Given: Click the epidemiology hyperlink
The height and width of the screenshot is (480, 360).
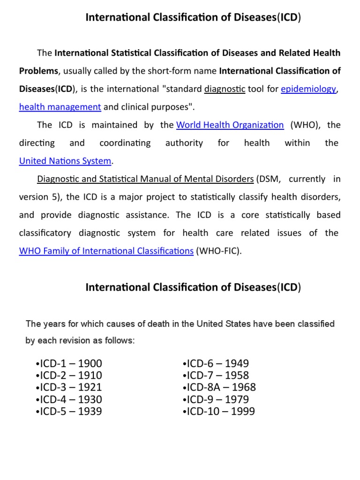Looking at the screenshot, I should pyautogui.click(x=308, y=89).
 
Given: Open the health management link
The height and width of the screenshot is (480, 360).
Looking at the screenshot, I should pyautogui.click(x=60, y=107).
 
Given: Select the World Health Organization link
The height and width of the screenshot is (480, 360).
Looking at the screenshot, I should pyautogui.click(x=230, y=125).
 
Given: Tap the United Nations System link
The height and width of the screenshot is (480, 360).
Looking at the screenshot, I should pyautogui.click(x=65, y=161).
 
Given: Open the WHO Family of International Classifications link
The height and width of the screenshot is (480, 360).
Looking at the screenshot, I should pyautogui.click(x=106, y=251).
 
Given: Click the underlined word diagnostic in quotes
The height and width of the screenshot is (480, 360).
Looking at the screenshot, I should pyautogui.click(x=225, y=89).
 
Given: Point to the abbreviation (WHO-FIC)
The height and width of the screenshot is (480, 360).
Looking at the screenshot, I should pyautogui.click(x=219, y=251).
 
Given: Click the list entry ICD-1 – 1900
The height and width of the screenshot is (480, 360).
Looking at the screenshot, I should pyautogui.click(x=68, y=364).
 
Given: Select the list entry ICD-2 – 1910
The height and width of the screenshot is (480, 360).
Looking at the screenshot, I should pyautogui.click(x=68, y=375).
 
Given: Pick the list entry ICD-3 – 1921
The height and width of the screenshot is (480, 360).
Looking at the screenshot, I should pyautogui.click(x=68, y=388).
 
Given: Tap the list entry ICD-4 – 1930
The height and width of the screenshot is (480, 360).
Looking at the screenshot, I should pyautogui.click(x=68, y=399).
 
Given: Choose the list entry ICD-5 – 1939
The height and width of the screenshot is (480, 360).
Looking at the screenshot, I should pyautogui.click(x=68, y=412).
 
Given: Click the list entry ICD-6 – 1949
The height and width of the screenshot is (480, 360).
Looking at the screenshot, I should pyautogui.click(x=216, y=364).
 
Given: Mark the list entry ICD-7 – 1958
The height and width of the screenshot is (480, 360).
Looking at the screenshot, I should pyautogui.click(x=216, y=375).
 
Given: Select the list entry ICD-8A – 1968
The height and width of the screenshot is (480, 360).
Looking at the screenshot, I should pyautogui.click(x=219, y=388).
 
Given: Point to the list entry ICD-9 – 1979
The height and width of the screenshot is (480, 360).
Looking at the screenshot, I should pyautogui.click(x=216, y=399).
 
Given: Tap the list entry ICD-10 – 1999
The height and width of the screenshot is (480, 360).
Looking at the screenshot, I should pyautogui.click(x=219, y=412).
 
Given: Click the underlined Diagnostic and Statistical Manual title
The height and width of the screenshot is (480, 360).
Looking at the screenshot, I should pyautogui.click(x=145, y=179).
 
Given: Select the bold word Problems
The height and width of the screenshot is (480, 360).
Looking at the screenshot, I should pyautogui.click(x=39, y=71).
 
